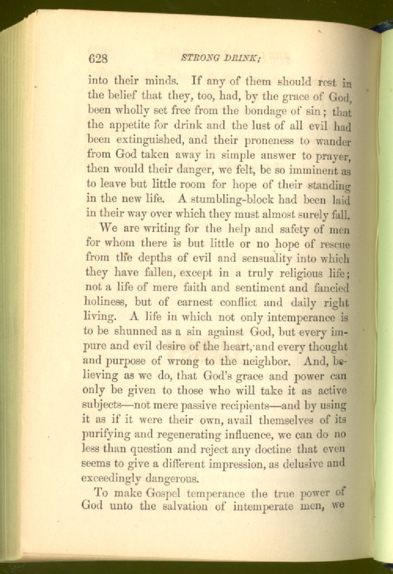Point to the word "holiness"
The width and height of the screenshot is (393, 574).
[x=106, y=302]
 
